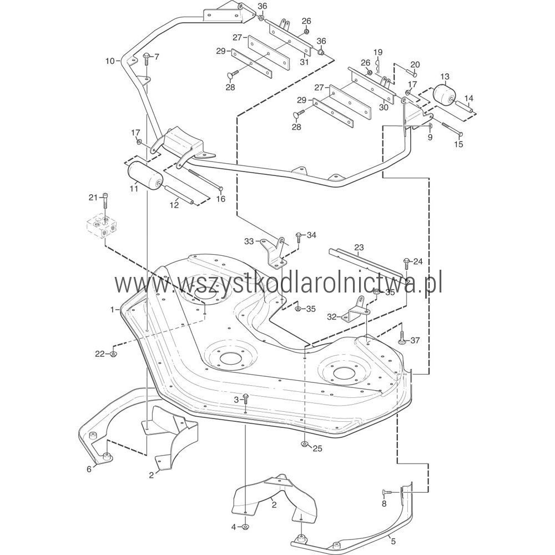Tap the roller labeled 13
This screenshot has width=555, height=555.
tap(443, 96)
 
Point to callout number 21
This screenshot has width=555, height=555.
tap(93, 197)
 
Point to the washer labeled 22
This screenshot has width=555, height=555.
tap(113, 354)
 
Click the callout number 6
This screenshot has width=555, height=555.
tap(89, 469)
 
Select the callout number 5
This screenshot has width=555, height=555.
tap(392, 540)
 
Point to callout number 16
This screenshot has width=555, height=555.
tap(221, 199)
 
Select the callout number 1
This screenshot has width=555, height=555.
tap(112, 309)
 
